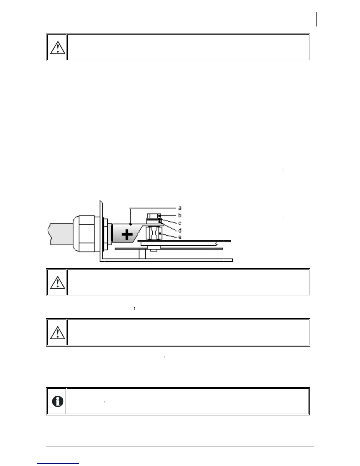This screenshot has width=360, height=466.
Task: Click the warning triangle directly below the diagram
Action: click(57, 282)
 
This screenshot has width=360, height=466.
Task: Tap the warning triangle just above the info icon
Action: click(57, 332)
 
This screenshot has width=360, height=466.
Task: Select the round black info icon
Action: click(58, 401)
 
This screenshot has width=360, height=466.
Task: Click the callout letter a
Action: click(180, 208)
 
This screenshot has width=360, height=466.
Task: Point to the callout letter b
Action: click(180, 215)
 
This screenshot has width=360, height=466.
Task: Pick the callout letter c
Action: click(180, 223)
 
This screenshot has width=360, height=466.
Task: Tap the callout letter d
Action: click(180, 230)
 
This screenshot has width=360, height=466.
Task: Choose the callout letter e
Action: click(180, 237)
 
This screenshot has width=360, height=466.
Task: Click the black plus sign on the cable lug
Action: click(127, 235)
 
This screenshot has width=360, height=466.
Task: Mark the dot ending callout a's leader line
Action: click(131, 224)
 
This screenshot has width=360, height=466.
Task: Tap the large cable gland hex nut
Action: click(85, 234)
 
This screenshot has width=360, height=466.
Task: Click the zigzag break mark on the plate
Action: click(217, 243)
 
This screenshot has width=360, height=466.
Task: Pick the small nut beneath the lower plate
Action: click(154, 250)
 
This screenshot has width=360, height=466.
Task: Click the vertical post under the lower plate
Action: click(142, 254)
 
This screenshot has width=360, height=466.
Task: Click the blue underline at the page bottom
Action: click(58, 464)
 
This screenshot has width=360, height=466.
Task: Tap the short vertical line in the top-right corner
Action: click(317, 19)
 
